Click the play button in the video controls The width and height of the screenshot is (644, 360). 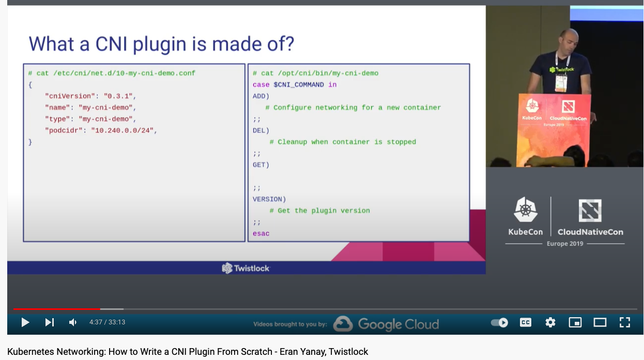(x=25, y=322)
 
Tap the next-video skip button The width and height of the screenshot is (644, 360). (x=50, y=322)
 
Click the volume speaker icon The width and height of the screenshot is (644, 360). (x=73, y=322)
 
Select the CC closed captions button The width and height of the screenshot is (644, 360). (x=525, y=322)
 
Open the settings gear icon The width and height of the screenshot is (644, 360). (x=550, y=322)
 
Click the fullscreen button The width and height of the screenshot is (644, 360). (x=625, y=322)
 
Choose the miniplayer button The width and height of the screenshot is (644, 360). (x=575, y=322)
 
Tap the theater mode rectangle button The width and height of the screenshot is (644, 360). (x=600, y=322)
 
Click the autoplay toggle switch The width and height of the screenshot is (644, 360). (x=499, y=323)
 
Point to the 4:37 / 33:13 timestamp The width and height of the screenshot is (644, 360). (x=107, y=322)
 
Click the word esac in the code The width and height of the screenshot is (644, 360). (x=261, y=233)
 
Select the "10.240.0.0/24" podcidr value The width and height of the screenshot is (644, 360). (x=122, y=131)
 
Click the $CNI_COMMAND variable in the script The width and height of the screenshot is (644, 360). (x=299, y=85)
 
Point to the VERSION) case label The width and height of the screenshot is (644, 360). (x=269, y=199)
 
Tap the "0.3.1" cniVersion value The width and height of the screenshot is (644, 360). (x=118, y=96)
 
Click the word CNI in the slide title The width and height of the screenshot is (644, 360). (x=111, y=44)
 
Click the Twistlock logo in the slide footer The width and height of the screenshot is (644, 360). (x=246, y=268)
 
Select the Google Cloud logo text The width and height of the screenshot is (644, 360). (x=398, y=324)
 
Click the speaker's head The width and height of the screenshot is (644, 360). (x=569, y=39)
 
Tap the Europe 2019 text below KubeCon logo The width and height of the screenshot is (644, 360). (x=565, y=244)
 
